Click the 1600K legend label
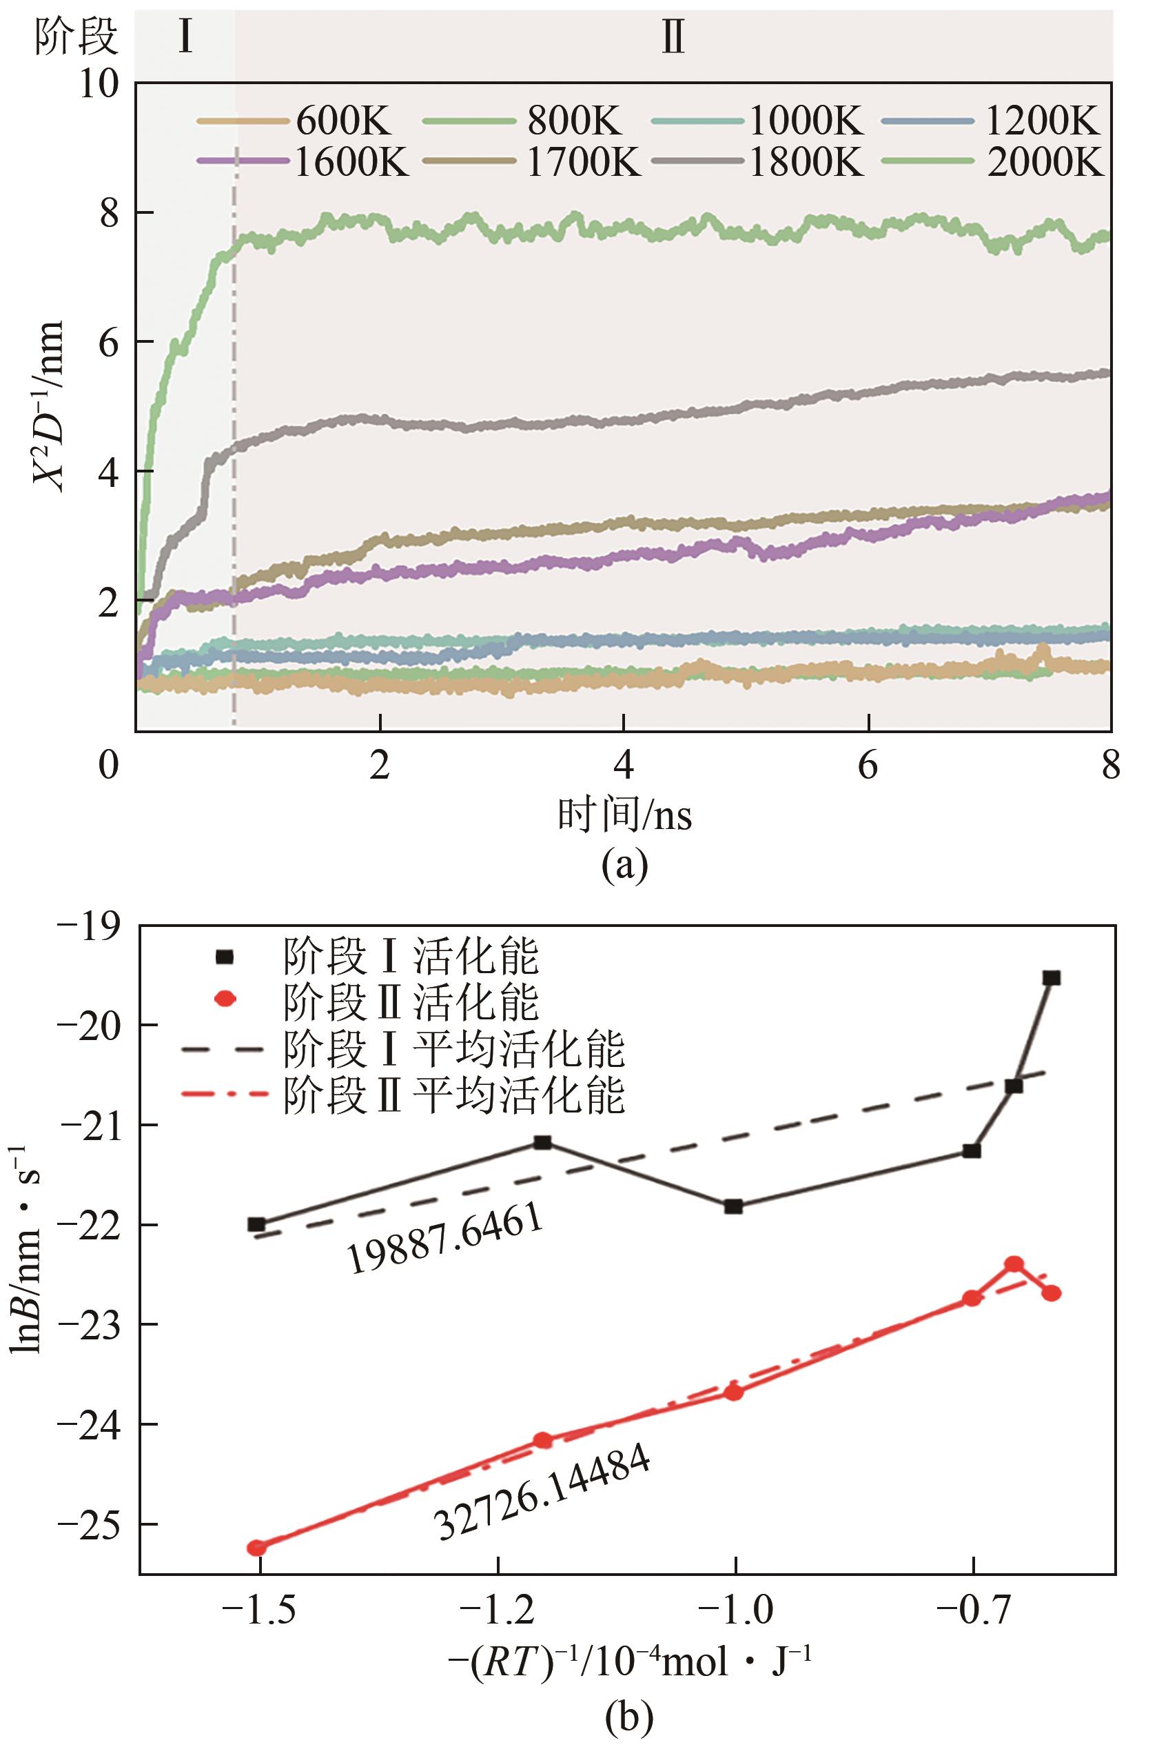tap(352, 161)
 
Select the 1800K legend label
tap(806, 161)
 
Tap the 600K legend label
tap(344, 121)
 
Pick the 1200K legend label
tap(1043, 121)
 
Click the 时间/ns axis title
tap(625, 817)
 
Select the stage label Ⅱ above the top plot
tap(673, 39)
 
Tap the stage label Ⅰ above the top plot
tap(185, 37)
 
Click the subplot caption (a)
tap(625, 866)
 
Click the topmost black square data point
tap(1052, 977)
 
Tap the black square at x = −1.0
tap(733, 1206)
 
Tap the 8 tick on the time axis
tap(1112, 766)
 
